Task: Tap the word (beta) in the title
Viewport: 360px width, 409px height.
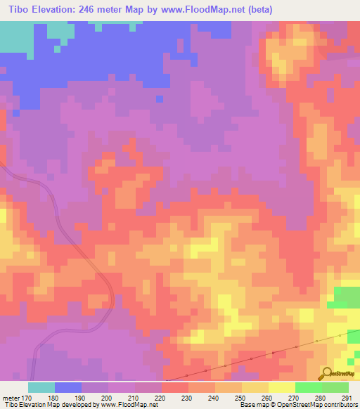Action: tap(256, 9)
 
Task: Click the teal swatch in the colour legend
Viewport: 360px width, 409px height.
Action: tap(41, 387)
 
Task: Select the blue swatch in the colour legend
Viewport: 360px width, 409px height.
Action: tap(68, 387)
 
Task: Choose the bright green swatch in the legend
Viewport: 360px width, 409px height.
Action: tap(308, 387)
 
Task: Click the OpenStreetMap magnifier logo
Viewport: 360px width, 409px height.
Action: tap(327, 373)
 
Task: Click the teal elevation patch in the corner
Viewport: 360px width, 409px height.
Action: tap(14, 39)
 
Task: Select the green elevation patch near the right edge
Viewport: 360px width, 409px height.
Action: tap(347, 297)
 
